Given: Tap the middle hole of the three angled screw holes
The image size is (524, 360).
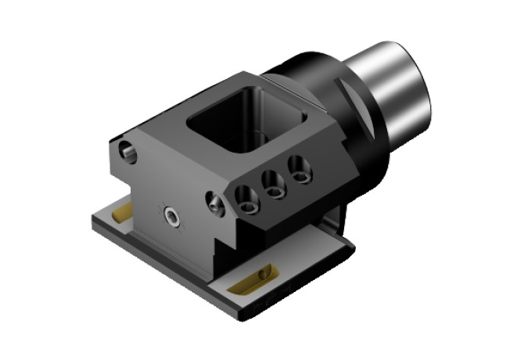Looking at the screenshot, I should click(274, 184).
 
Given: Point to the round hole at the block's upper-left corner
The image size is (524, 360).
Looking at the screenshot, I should click(127, 152).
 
